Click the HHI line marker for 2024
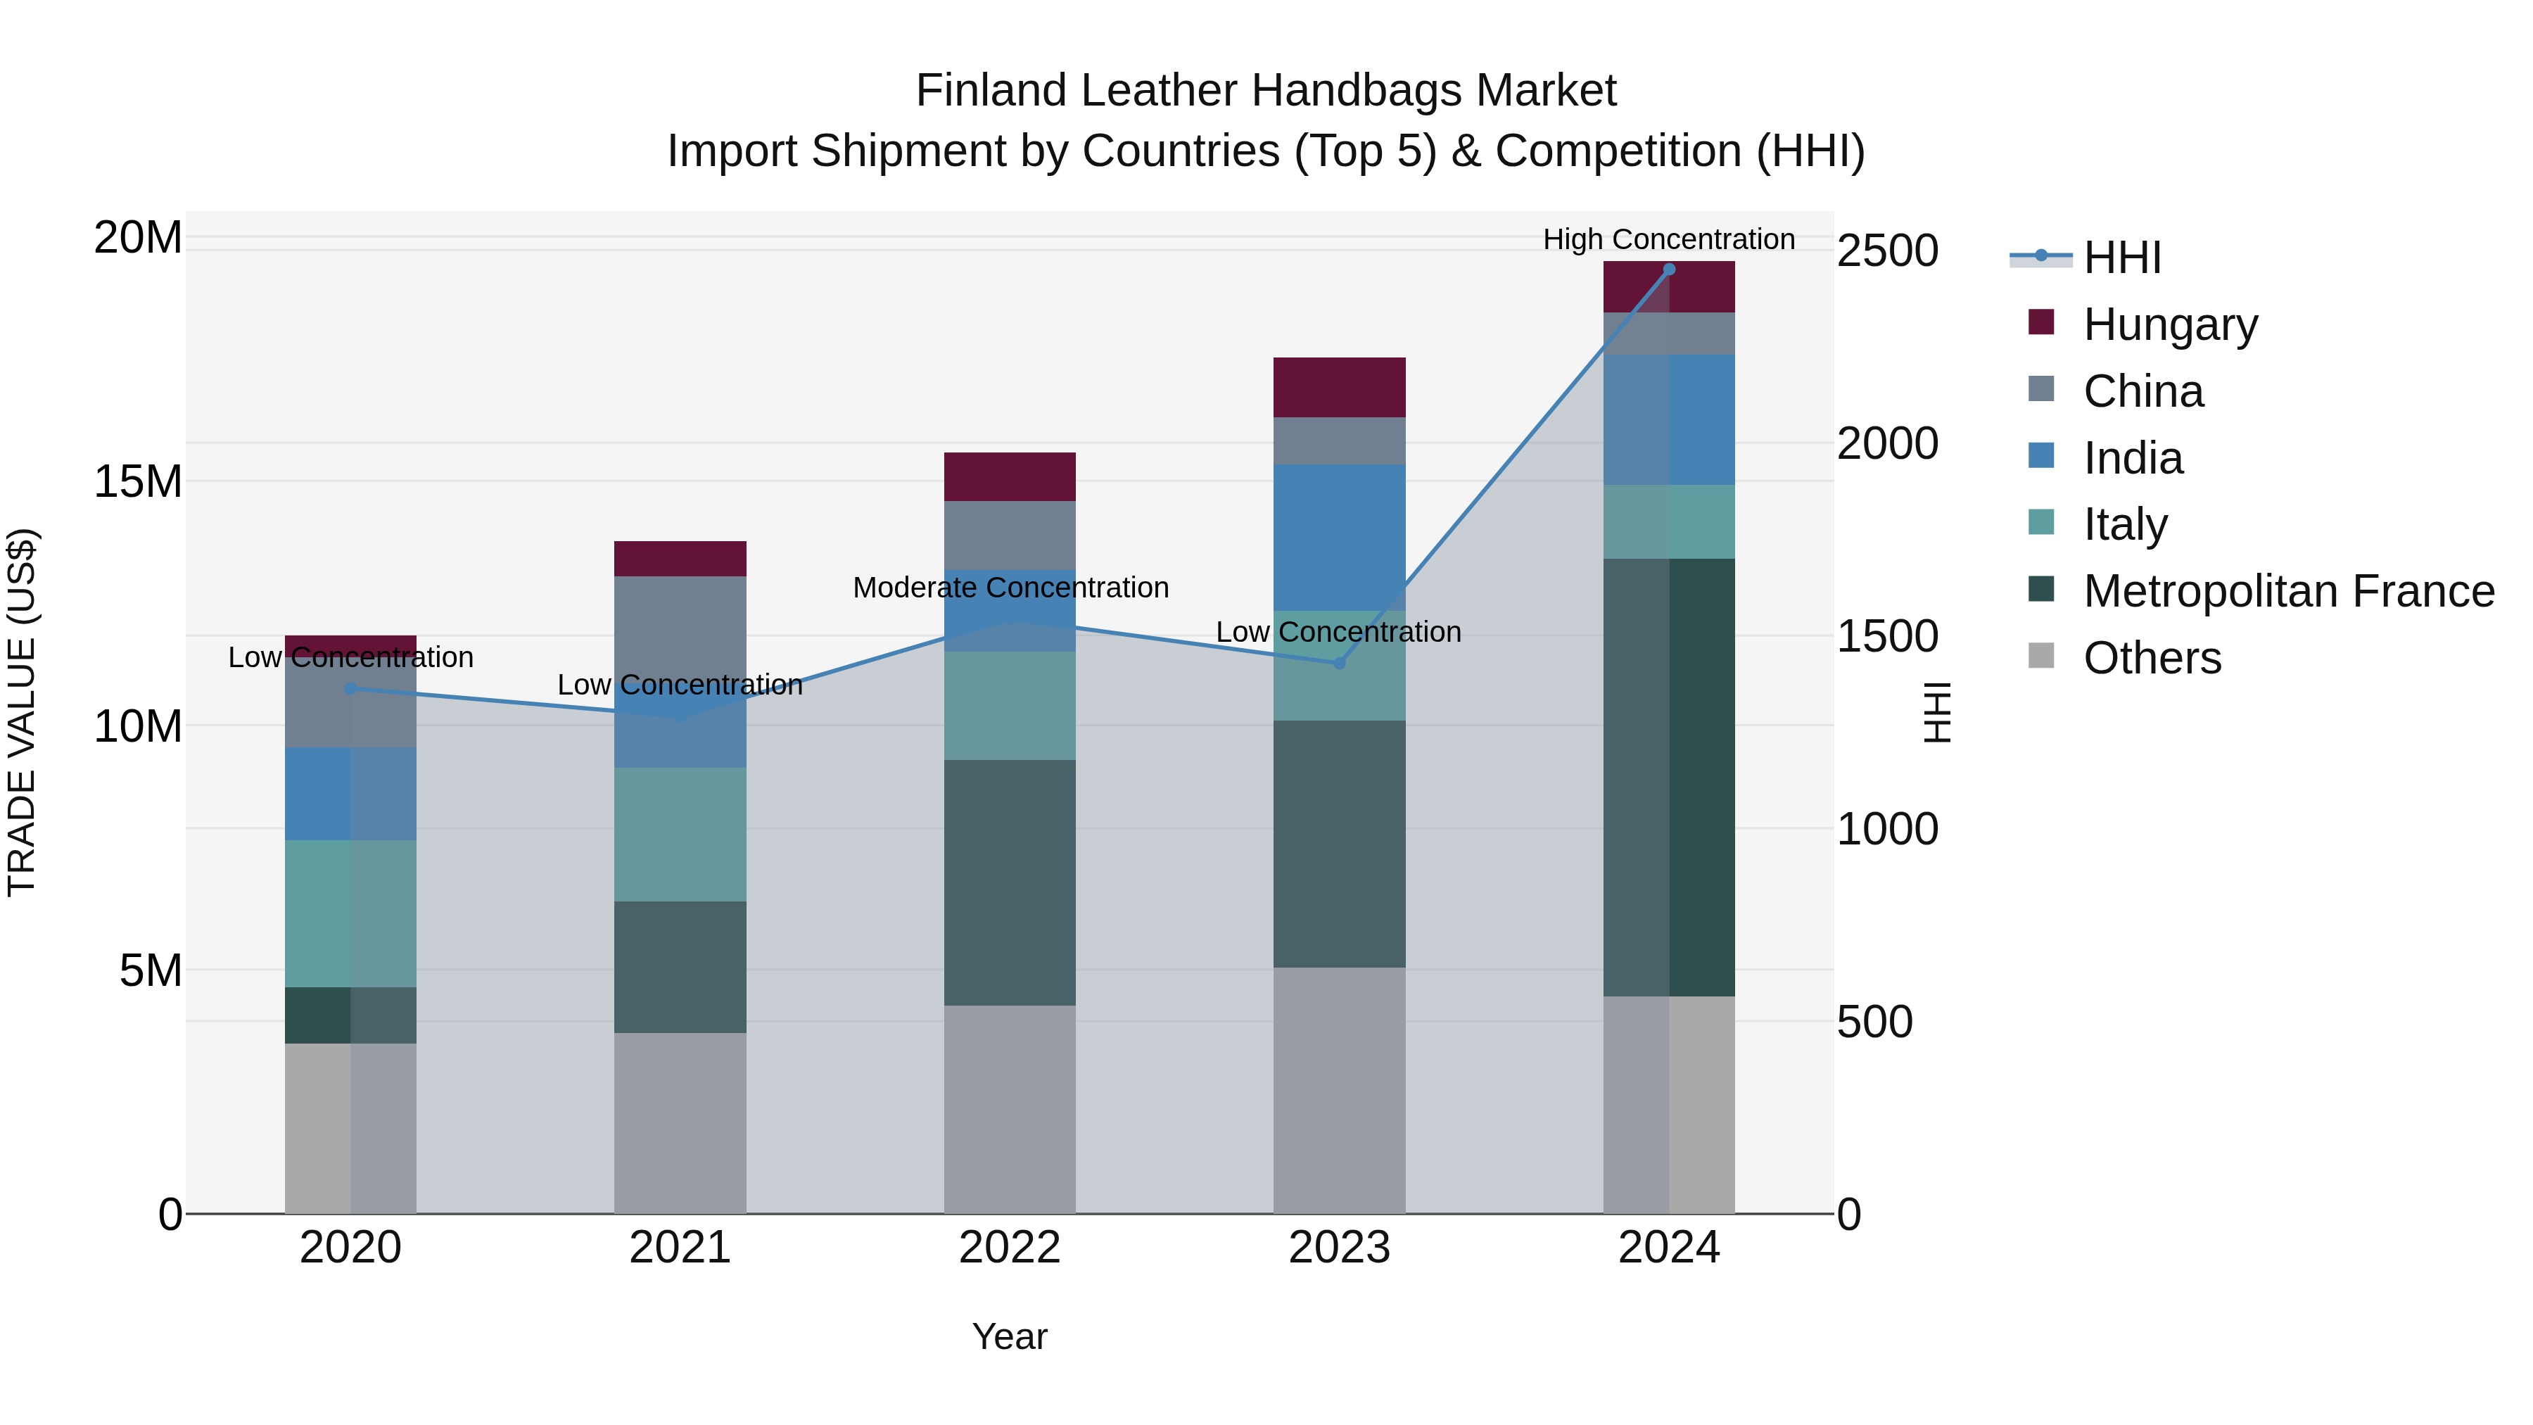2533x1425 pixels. [x=1669, y=270]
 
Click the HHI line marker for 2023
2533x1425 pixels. [x=1338, y=663]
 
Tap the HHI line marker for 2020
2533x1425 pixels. [x=350, y=688]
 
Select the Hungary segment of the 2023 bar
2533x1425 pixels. [x=1338, y=388]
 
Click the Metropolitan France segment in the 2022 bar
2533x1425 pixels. [x=1009, y=882]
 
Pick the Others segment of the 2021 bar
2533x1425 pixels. [x=680, y=1122]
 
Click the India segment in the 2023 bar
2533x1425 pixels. [x=1338, y=537]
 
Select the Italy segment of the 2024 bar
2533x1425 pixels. [x=1669, y=521]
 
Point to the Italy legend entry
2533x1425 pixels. [x=2124, y=524]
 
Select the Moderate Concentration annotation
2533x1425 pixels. [x=1010, y=588]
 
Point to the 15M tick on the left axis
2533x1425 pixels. [x=138, y=482]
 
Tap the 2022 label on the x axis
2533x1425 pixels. [x=1009, y=1248]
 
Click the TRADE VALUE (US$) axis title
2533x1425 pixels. [x=22, y=712]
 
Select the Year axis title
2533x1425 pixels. [x=1009, y=1336]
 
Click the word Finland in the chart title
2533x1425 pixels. [x=993, y=91]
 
